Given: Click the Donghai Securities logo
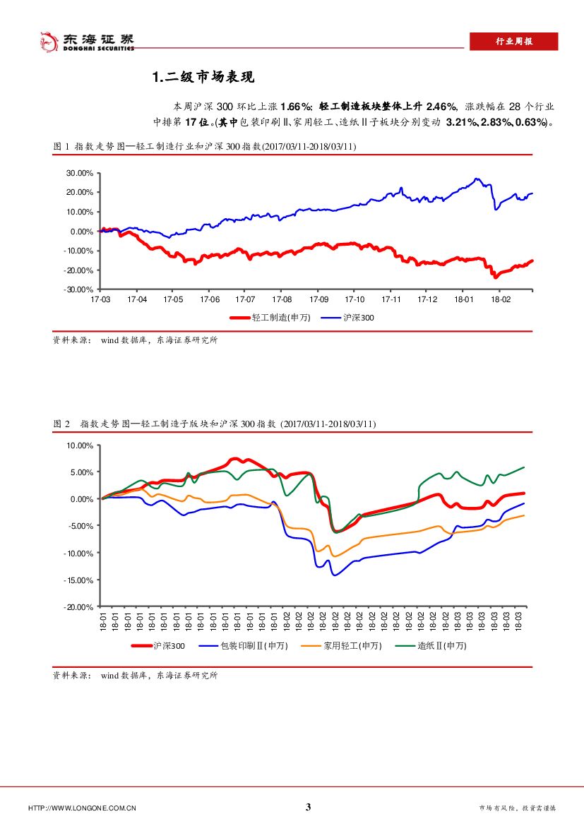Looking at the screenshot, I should point(85,42).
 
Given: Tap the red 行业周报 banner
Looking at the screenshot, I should point(513,42).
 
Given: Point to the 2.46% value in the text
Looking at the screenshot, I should point(443,106).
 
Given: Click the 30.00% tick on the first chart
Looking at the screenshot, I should point(79,172).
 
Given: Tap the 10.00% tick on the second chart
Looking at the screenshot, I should point(79,445).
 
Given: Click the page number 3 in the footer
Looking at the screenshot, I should point(308,808).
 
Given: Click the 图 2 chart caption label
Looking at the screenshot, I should point(62,424).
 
